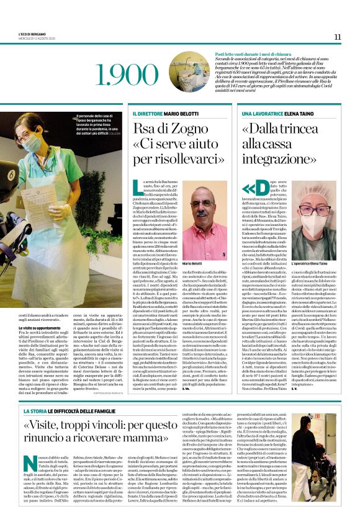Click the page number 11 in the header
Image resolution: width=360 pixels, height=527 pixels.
(x=337, y=37)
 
